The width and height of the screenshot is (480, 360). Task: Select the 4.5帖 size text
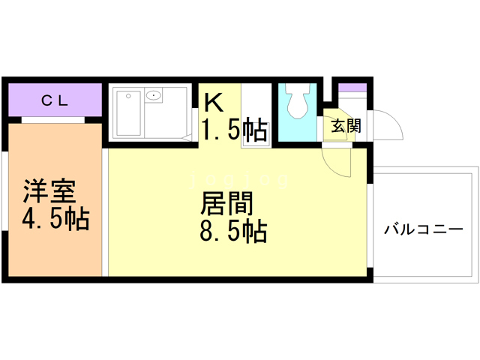tap(55, 219)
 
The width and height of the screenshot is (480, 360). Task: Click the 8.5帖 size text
tap(232, 232)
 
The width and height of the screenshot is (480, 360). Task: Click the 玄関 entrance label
tap(345, 125)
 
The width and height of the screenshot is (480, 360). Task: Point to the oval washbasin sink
tap(155, 95)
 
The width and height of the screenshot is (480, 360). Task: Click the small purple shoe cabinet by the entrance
tap(350, 87)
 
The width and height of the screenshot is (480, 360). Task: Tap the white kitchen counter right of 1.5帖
tap(256, 116)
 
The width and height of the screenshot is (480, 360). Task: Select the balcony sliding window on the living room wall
tap(370, 225)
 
